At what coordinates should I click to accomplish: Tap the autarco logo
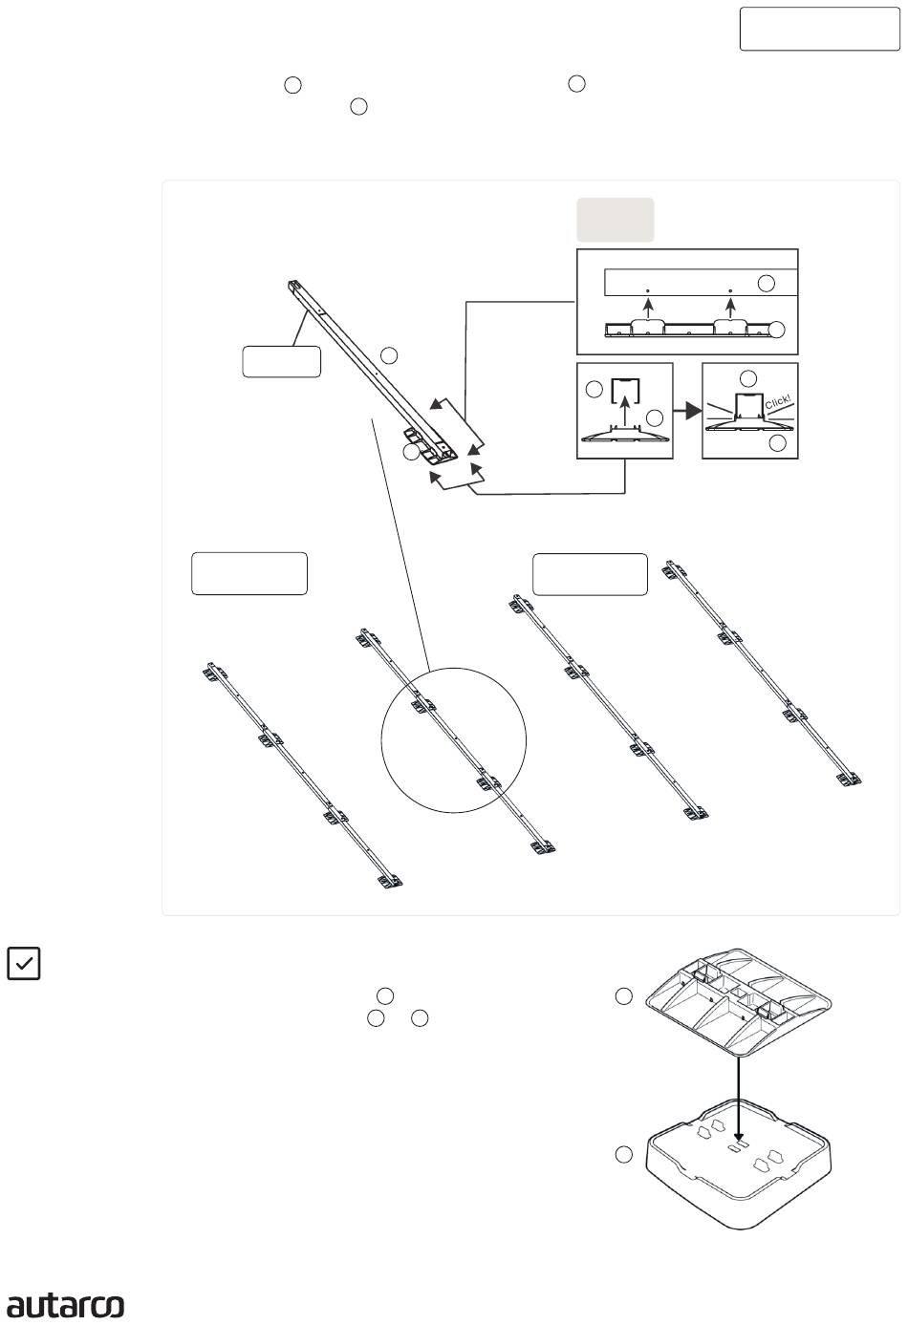[x=66, y=1305]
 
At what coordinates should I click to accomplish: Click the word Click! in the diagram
[x=777, y=405]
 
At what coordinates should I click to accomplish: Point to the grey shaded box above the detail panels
[x=615, y=220]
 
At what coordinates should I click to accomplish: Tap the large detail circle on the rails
[x=454, y=739]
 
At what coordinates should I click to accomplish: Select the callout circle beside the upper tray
[x=623, y=997]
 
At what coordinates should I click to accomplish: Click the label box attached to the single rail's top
[x=281, y=363]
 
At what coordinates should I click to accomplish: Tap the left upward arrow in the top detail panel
[x=647, y=305]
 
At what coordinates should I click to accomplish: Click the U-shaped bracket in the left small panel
[x=625, y=390]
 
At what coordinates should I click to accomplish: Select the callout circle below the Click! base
[x=778, y=443]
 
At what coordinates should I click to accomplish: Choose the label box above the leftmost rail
[x=249, y=573]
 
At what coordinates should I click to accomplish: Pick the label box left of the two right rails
[x=590, y=573]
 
